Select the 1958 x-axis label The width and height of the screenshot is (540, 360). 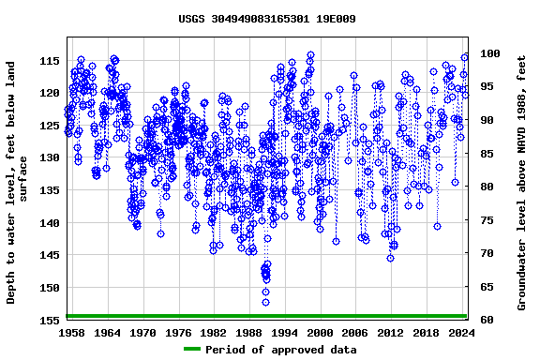tap(72, 333)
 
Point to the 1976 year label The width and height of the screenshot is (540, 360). tap(178, 333)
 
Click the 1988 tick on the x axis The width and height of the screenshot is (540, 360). tap(249, 333)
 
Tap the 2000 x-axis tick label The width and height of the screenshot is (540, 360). tap(320, 333)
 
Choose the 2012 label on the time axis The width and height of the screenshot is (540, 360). tap(390, 333)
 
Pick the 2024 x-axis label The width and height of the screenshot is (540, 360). tap(461, 333)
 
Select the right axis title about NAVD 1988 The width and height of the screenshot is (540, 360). tap(522, 184)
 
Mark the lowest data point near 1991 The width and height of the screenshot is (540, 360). tap(265, 302)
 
